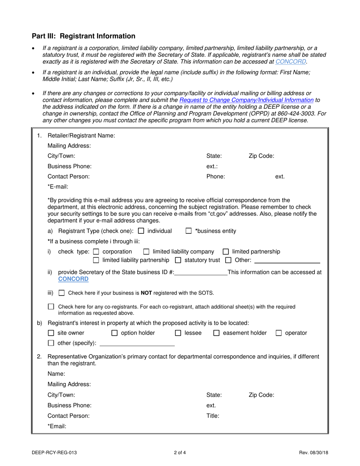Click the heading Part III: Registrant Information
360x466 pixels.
[x=83, y=36]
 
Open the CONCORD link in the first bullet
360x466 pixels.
[x=291, y=61]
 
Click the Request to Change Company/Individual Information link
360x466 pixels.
[x=246, y=100]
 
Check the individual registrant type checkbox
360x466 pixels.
[x=141, y=231]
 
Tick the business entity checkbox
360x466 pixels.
[x=189, y=231]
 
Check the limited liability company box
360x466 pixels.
[x=146, y=252]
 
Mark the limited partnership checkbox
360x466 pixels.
[x=226, y=252]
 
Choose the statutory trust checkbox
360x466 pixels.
[x=178, y=260]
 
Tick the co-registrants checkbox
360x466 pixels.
[x=51, y=307]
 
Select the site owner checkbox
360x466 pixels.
[x=51, y=333]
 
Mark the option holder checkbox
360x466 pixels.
[x=114, y=333]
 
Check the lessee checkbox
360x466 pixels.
[x=178, y=333]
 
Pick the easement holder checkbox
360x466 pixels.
[x=216, y=333]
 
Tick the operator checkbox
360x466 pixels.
[x=279, y=333]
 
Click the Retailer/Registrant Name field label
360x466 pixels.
[x=81, y=136]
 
